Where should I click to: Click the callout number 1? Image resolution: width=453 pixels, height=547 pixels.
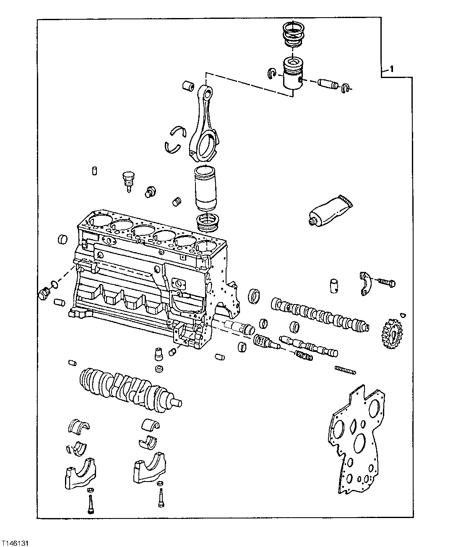(391, 68)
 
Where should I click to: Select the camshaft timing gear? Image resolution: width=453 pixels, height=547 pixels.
(393, 334)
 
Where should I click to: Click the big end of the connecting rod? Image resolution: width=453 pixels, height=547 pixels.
(202, 146)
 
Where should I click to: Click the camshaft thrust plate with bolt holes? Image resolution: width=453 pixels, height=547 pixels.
(367, 284)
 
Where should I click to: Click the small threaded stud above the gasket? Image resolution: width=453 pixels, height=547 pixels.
(345, 370)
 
